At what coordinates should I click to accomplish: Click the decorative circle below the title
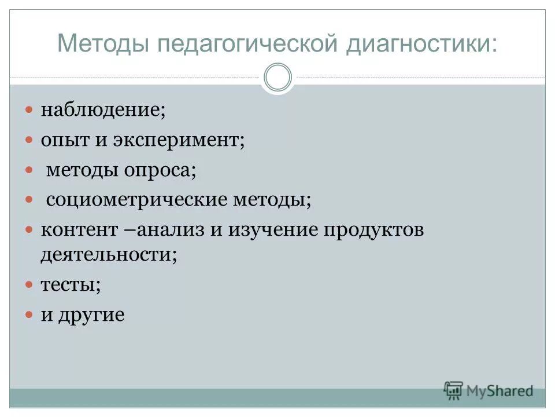(277, 78)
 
